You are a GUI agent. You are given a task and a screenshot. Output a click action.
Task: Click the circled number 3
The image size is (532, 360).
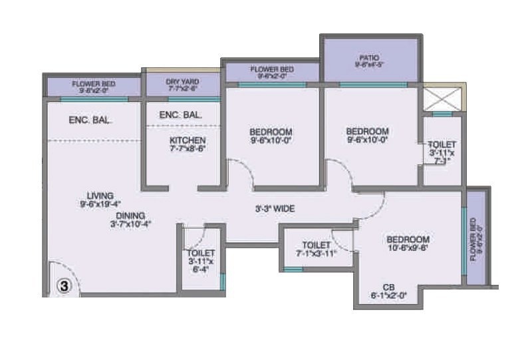(x=64, y=286)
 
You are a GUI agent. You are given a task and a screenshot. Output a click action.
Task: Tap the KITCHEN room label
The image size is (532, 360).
(x=188, y=141)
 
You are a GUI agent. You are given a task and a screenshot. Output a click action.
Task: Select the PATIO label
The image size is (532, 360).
(x=370, y=58)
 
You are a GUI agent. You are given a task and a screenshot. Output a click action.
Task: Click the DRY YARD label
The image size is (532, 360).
(x=182, y=81)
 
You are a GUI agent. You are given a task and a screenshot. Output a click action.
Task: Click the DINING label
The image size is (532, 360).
(x=130, y=216)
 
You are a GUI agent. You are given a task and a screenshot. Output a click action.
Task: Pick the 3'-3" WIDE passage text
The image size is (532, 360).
(x=276, y=209)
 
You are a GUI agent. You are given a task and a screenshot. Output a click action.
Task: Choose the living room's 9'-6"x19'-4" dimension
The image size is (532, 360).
(x=100, y=206)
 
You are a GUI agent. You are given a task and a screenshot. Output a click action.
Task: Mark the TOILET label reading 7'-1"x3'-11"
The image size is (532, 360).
(x=317, y=245)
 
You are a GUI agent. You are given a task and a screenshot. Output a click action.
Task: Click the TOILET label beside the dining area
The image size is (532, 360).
(x=201, y=254)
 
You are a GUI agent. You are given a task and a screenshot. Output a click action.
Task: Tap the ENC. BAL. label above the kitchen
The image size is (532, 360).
(x=181, y=115)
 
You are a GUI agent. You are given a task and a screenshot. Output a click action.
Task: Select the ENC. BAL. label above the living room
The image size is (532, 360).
(x=90, y=121)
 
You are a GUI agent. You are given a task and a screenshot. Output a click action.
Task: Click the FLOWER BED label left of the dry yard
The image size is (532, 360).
(x=94, y=84)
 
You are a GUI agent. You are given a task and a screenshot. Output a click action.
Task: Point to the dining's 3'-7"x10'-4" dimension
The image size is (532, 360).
(x=131, y=225)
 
